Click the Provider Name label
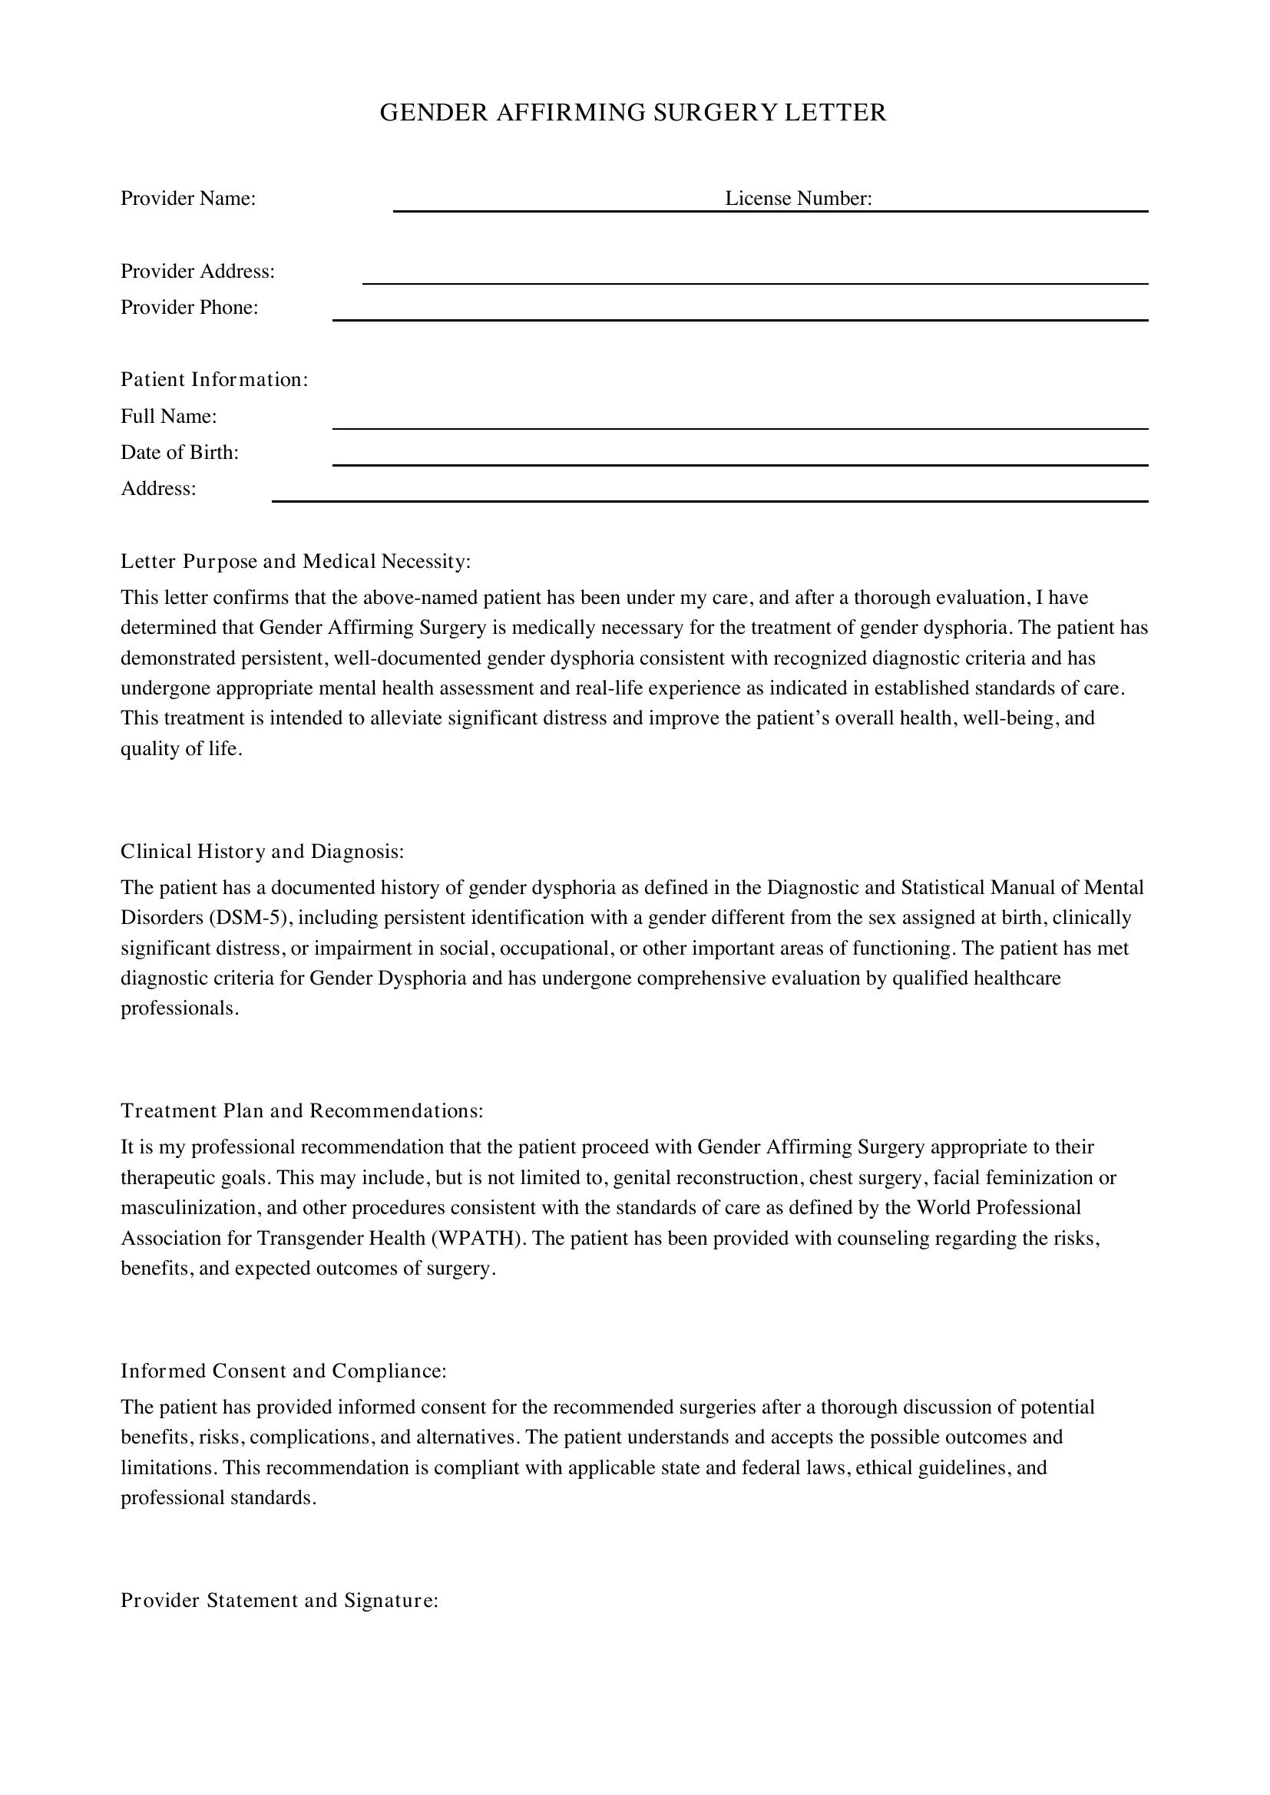pyautogui.click(x=187, y=199)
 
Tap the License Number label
pyautogui.click(x=798, y=199)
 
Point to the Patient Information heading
pyautogui.click(x=214, y=380)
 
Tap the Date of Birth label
pyautogui.click(x=179, y=453)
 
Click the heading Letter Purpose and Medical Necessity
pyautogui.click(x=296, y=561)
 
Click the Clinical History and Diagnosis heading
pyautogui.click(x=262, y=851)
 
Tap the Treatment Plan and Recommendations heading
pyautogui.click(x=302, y=1111)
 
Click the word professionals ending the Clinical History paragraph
pyautogui.click(x=177, y=1008)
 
